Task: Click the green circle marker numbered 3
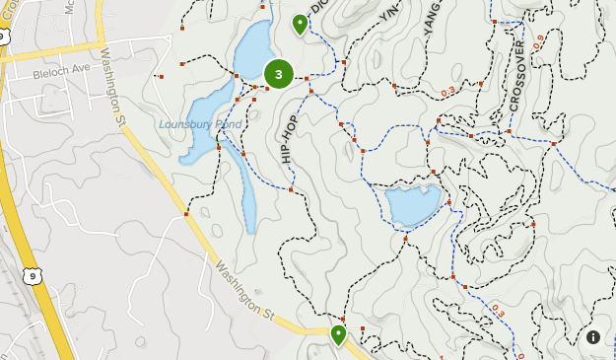pos(279,74)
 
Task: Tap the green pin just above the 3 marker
pos(300,22)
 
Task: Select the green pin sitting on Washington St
pos(338,334)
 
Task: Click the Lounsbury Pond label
pos(200,124)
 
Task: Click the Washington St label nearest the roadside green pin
pos(243,289)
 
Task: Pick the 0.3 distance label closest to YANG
pos(448,92)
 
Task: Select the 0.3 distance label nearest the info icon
pos(497,312)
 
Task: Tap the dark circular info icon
pos(593,337)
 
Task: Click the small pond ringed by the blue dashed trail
pos(412,204)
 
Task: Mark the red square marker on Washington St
pos(186,212)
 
